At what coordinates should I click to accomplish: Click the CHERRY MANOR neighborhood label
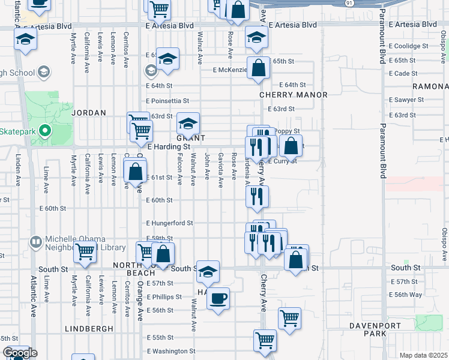[x=294, y=95]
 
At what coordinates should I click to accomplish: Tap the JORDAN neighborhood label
[x=89, y=112]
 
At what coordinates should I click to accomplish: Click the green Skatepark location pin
[x=43, y=130]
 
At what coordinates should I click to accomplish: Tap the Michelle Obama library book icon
[x=36, y=242]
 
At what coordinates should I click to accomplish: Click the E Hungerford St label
[x=170, y=223]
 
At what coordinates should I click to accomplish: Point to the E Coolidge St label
[x=408, y=46]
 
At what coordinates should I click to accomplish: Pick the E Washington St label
[x=171, y=351]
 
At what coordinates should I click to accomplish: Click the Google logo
[x=19, y=353]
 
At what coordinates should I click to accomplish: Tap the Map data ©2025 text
[x=423, y=355]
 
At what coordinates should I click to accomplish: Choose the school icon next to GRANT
[x=188, y=124]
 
